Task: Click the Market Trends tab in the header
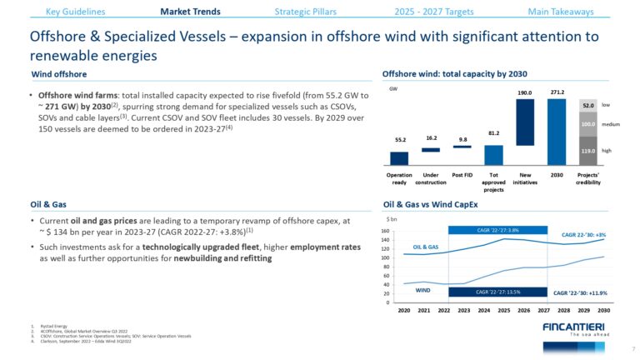[x=190, y=12]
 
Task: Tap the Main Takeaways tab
[x=561, y=12]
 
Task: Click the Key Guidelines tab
[x=75, y=12]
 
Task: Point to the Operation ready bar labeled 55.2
[x=399, y=158]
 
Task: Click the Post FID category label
[x=462, y=176]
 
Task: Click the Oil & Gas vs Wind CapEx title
[x=430, y=204]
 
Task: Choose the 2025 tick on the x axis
[x=503, y=309]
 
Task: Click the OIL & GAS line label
[x=425, y=247]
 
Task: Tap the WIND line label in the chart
[x=422, y=291]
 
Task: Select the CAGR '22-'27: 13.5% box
[x=497, y=292]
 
